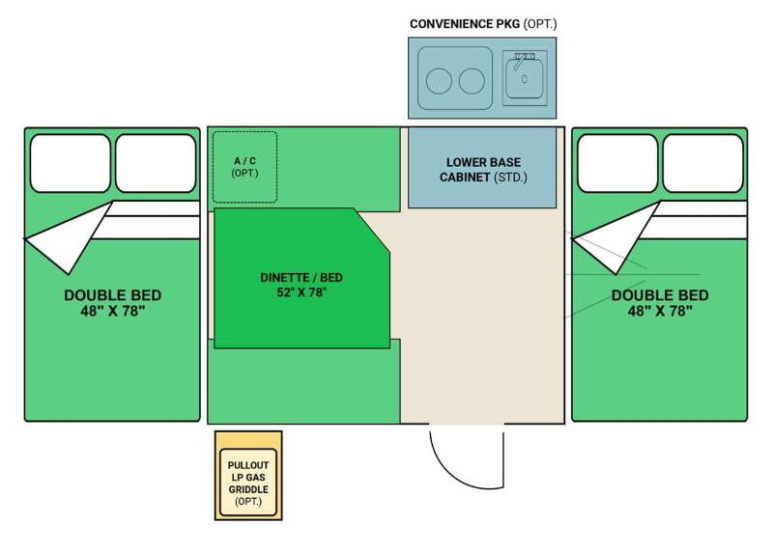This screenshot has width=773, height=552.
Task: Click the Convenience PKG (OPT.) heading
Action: (483, 23)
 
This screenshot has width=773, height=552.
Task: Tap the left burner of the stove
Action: (439, 81)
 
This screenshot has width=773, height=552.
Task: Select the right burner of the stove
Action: (472, 81)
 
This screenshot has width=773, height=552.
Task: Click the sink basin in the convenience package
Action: (525, 79)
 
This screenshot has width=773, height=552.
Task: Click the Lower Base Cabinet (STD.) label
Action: (483, 170)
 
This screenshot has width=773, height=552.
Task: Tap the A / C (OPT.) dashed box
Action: (245, 167)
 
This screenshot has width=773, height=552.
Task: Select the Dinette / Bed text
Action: (301, 278)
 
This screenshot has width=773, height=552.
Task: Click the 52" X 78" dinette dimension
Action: (301, 292)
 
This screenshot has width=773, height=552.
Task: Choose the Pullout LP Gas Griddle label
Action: (248, 483)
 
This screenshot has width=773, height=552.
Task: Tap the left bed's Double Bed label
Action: (113, 295)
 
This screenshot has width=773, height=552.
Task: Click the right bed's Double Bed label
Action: (660, 295)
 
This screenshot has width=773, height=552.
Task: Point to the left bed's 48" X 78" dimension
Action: (113, 311)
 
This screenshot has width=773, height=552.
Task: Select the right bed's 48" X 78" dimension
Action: (660, 311)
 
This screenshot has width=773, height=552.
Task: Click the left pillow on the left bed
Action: (70, 163)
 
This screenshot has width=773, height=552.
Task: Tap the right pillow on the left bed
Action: (156, 163)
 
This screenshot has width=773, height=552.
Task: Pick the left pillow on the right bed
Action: (617, 163)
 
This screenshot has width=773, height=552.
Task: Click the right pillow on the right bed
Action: (703, 163)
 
